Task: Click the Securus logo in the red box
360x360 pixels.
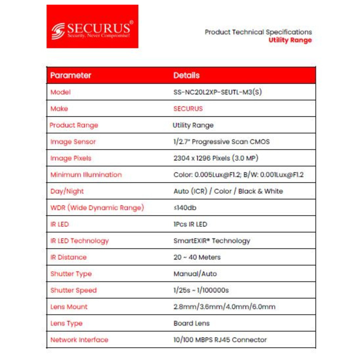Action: pyautogui.click(x=92, y=27)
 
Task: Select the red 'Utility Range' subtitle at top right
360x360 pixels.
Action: pyautogui.click(x=290, y=40)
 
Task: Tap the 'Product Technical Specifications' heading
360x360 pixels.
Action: pyautogui.click(x=258, y=32)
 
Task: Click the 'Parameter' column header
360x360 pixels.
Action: pyautogui.click(x=71, y=75)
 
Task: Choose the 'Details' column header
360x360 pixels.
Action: pyautogui.click(x=186, y=75)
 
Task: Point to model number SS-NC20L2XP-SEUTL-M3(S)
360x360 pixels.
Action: pyautogui.click(x=217, y=92)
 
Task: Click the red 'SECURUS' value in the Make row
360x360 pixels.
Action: pyautogui.click(x=188, y=109)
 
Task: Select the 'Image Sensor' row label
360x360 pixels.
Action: pyautogui.click(x=73, y=142)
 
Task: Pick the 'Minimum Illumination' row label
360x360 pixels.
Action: pyautogui.click(x=86, y=175)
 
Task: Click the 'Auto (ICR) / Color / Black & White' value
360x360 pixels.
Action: pyautogui.click(x=228, y=191)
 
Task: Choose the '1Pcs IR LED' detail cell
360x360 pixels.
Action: pyautogui.click(x=190, y=224)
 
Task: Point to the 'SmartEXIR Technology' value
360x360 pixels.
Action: pyautogui.click(x=212, y=241)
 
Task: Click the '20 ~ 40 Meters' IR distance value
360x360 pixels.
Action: pyautogui.click(x=197, y=257)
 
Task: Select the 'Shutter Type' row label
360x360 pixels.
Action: pyautogui.click(x=71, y=274)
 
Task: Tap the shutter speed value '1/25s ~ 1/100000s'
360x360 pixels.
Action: pyautogui.click(x=201, y=290)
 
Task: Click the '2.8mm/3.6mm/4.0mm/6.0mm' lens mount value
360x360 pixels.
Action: pyautogui.click(x=224, y=307)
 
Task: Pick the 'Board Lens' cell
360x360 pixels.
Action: pyautogui.click(x=192, y=323)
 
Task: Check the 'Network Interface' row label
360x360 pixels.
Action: pyautogui.click(x=79, y=340)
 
